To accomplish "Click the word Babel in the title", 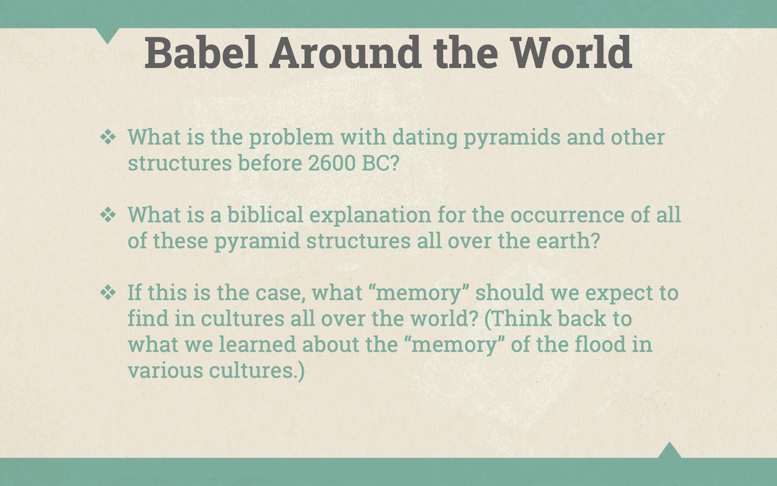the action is click(201, 53).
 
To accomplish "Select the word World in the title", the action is click(571, 53).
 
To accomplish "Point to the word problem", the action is click(291, 138).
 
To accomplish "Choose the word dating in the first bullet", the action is click(425, 138).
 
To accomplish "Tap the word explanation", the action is click(370, 215).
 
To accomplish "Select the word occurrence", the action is click(567, 215).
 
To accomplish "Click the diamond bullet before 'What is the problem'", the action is click(108, 138).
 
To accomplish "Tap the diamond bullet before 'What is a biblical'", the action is click(108, 215).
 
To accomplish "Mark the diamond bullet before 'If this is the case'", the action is click(108, 293).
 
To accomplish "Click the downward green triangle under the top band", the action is click(108, 34).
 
